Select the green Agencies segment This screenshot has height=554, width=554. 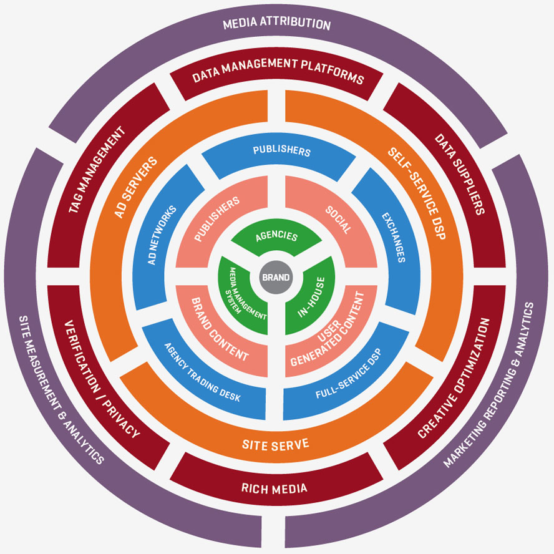[277, 238]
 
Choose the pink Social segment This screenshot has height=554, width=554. [337, 218]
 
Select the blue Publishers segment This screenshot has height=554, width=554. [281, 151]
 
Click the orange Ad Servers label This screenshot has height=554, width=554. [137, 187]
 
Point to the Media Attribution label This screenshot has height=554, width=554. [276, 24]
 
